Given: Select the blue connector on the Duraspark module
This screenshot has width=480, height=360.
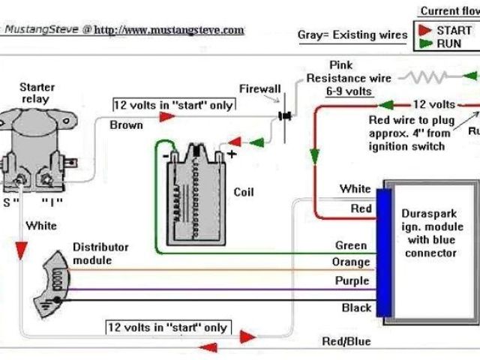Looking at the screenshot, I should tap(382, 252).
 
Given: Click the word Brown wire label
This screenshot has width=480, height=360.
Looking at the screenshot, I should tap(126, 124).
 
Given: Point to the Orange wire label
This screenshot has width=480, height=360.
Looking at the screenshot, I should tap(350, 262).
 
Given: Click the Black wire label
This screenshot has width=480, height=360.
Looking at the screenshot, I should tap(356, 307).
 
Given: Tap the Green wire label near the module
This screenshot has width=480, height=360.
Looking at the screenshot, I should tap(351, 245).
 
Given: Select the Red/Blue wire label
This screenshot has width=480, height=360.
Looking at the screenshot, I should tap(346, 341).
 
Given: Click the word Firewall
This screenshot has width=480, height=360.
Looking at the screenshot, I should tap(259, 88).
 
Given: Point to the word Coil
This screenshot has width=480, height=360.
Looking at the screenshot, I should tap(244, 192).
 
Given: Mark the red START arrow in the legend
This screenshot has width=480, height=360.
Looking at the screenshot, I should tap(424, 29).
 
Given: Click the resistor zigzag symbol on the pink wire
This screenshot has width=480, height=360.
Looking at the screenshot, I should tap(427, 76).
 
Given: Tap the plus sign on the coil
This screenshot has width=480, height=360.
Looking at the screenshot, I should tap(232, 154).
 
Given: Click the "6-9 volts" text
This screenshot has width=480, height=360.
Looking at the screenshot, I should tap(349, 91).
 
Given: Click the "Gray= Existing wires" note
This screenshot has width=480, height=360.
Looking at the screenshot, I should tap(352, 34).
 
